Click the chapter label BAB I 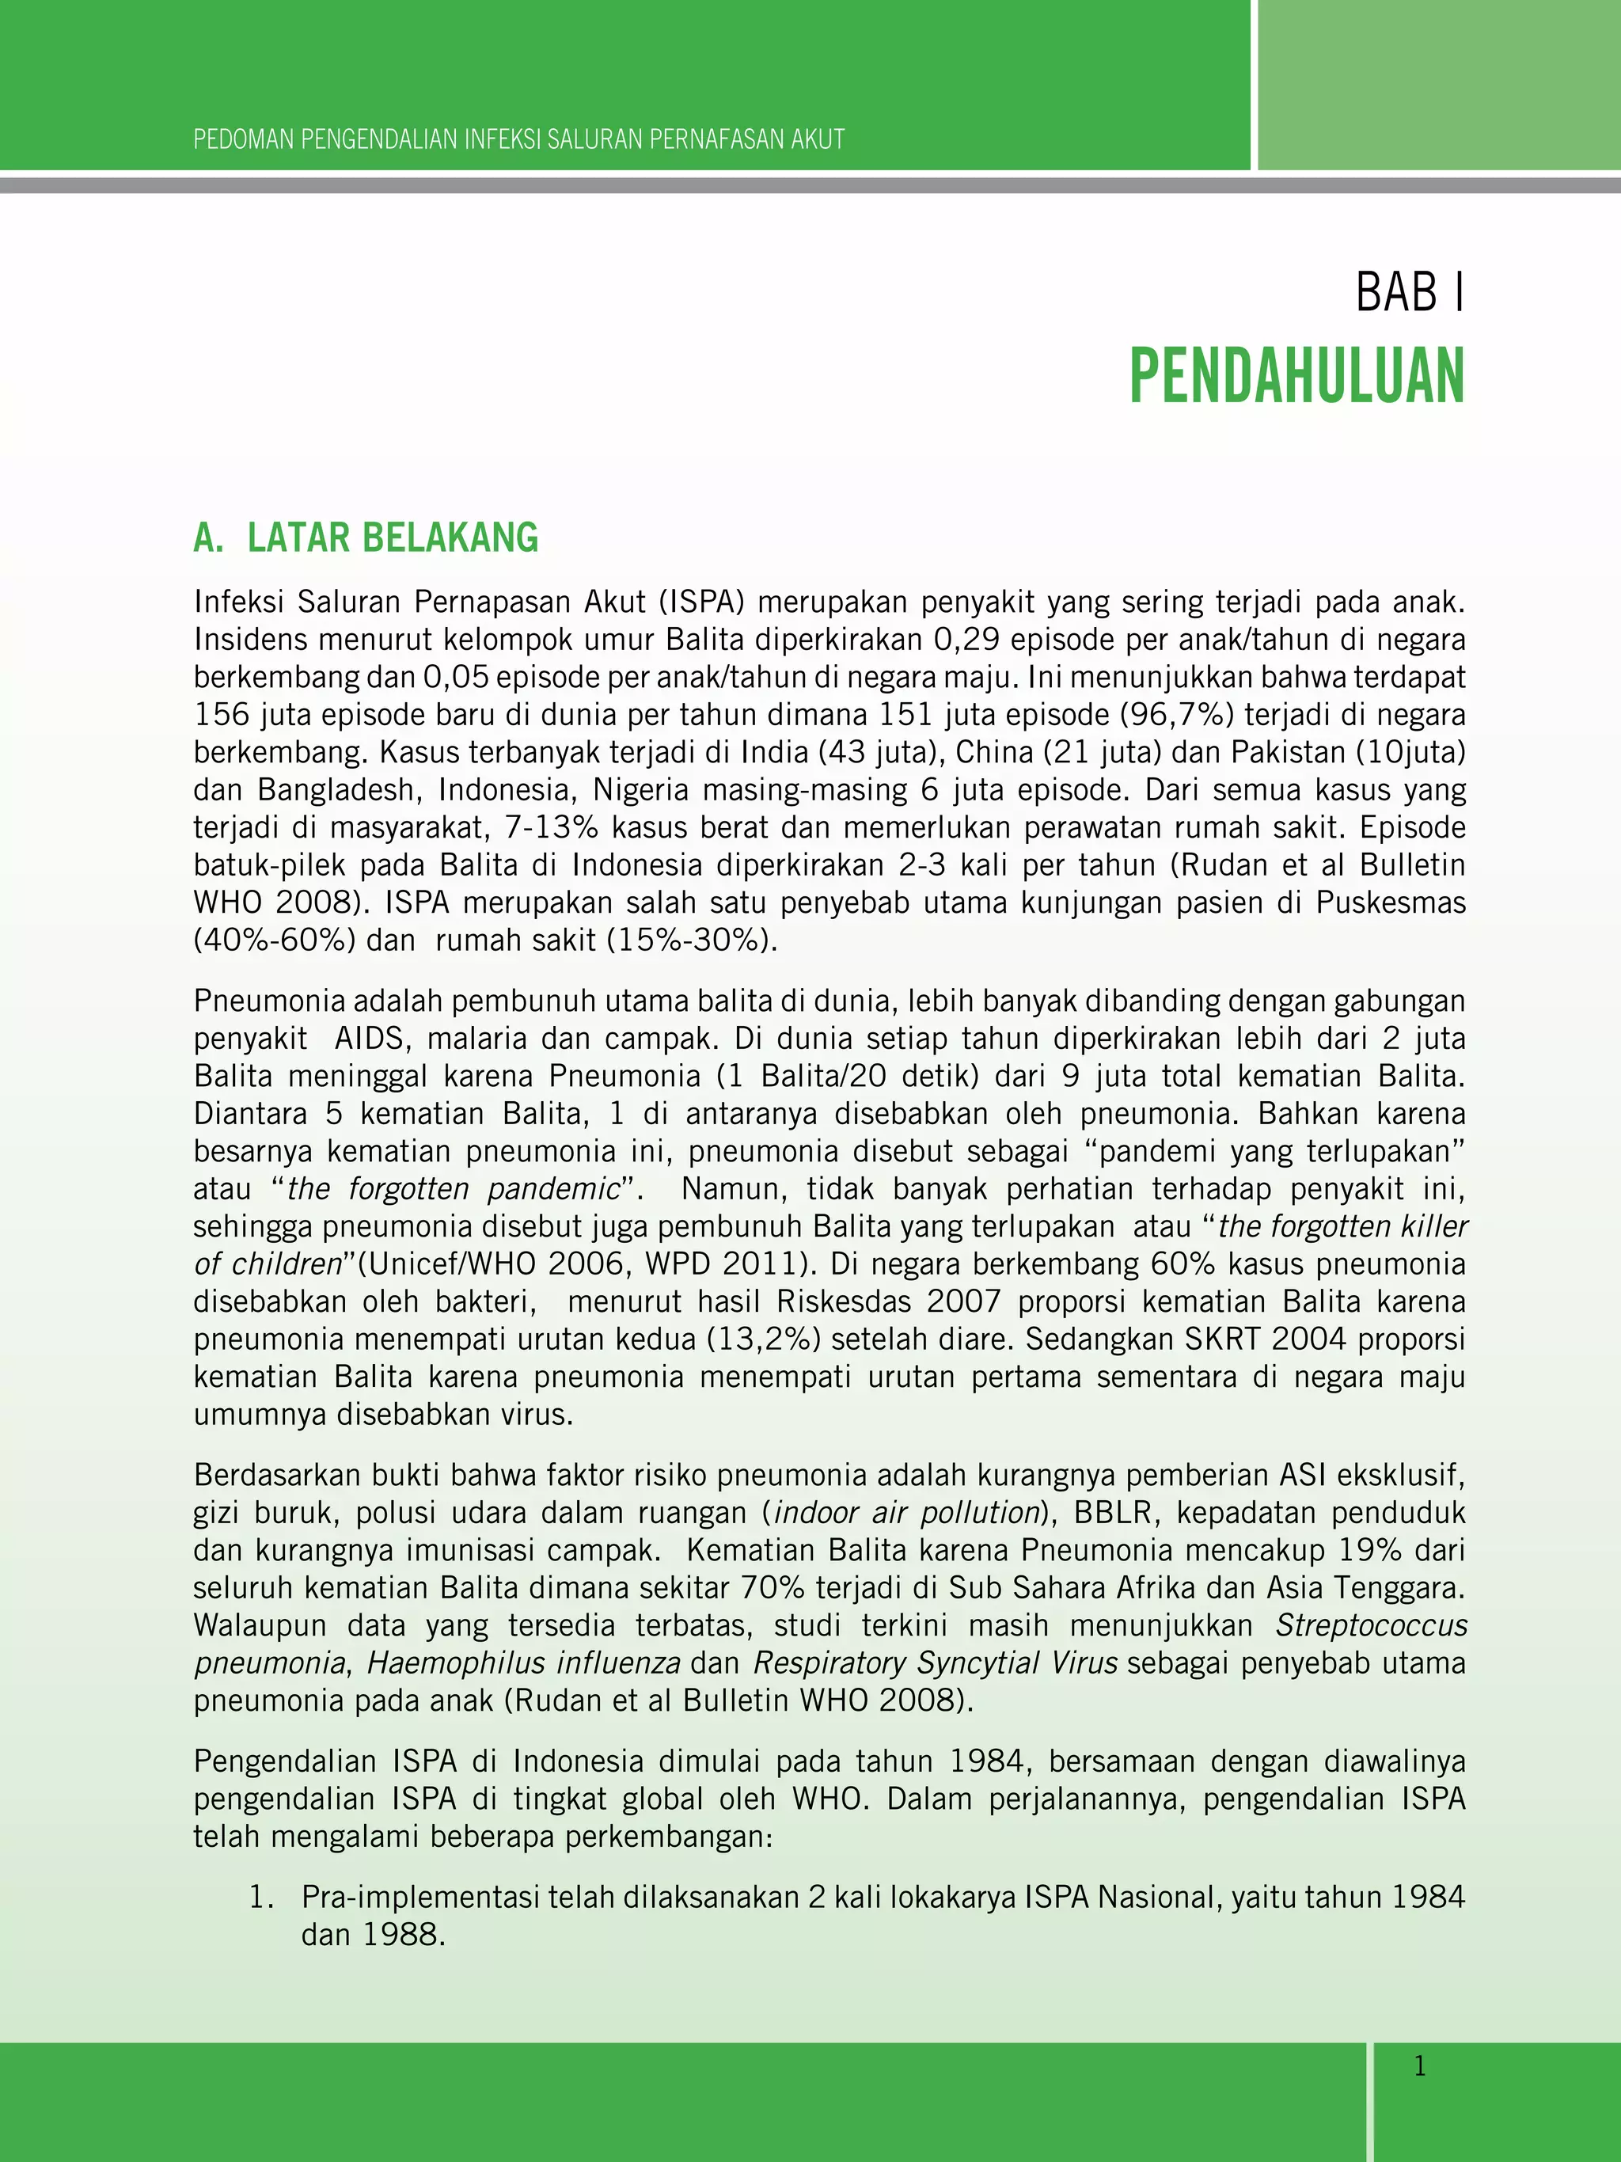tap(1409, 292)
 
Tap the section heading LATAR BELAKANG tap(392, 538)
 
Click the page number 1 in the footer tap(1420, 2066)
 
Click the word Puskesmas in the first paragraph tap(1391, 902)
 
